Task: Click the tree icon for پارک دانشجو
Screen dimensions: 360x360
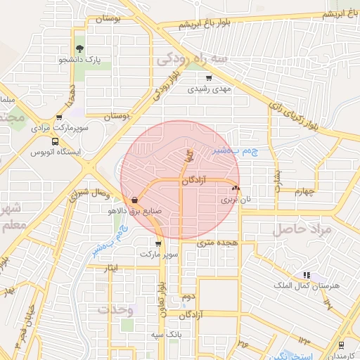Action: coord(79,49)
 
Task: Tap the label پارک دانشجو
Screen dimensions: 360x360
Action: coord(79,60)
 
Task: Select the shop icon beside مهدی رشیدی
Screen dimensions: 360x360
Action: coord(210,78)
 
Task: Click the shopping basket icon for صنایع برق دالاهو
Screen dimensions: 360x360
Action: coord(134,199)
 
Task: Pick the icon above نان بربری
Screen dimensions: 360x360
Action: coord(235,188)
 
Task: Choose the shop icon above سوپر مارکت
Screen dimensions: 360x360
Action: coord(157,243)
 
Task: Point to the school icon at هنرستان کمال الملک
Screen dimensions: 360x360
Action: coord(306,275)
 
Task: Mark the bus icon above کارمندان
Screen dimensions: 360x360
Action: coord(341,345)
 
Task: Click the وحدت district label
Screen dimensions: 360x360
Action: coord(115,309)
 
